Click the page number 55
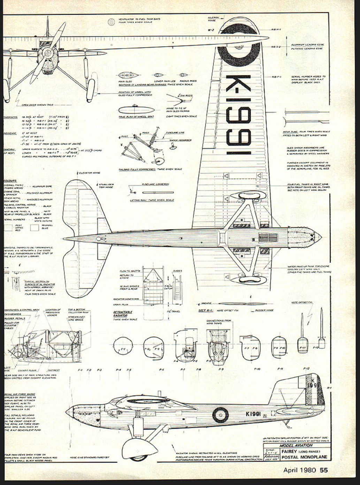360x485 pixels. coord(324,470)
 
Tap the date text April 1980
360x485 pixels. coord(299,470)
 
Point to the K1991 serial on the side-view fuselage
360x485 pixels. coord(253,414)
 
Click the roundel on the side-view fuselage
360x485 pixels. coord(220,415)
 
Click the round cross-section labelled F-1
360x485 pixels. coord(123,346)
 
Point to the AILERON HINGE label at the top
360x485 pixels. coord(213,19)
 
